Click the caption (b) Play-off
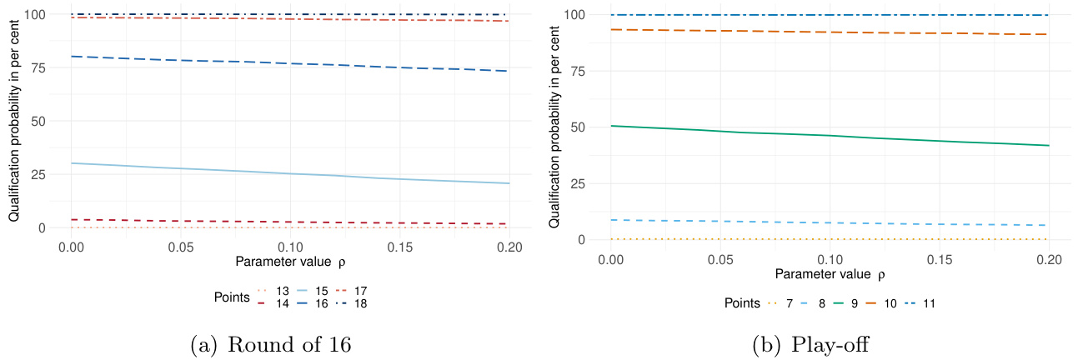point(808,342)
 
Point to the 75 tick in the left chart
point(36,68)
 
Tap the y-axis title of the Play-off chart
point(555,126)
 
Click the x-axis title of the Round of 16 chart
point(290,262)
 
